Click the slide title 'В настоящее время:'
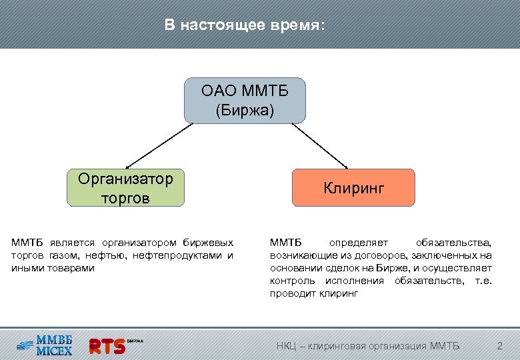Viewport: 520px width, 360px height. pos(245,25)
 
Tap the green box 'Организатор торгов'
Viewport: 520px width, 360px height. pos(125,187)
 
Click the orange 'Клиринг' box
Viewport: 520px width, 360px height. pos(354,187)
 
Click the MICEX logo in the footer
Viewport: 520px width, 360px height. pos(45,343)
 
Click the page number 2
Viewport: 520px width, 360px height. pos(500,345)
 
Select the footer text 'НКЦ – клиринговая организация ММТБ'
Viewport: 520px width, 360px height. pos(368,345)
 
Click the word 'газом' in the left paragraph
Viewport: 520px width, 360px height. pos(61,255)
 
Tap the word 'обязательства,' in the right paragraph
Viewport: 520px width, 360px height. pos(454,242)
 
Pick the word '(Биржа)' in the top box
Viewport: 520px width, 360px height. pos(245,109)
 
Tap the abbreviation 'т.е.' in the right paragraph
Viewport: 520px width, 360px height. pos(483,280)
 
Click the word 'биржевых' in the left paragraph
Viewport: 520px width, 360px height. pos(209,242)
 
